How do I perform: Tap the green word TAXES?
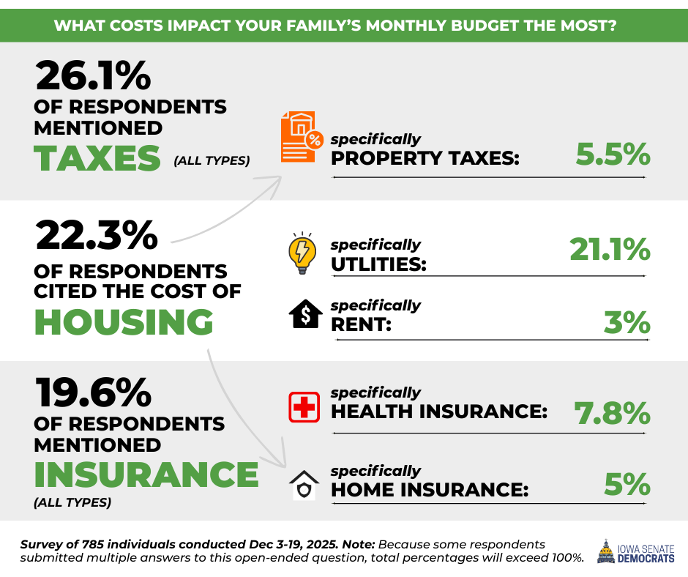tap(97, 158)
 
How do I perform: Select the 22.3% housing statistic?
tap(96, 236)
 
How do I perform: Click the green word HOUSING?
tap(124, 323)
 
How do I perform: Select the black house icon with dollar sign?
tap(304, 316)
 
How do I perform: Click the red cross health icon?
tap(304, 407)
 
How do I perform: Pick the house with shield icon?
tap(304, 485)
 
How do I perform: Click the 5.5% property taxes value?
tap(613, 155)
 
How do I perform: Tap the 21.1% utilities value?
tap(610, 251)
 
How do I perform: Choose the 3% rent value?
tap(627, 323)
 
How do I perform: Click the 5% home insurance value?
tap(627, 485)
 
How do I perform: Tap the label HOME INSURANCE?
tap(430, 489)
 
